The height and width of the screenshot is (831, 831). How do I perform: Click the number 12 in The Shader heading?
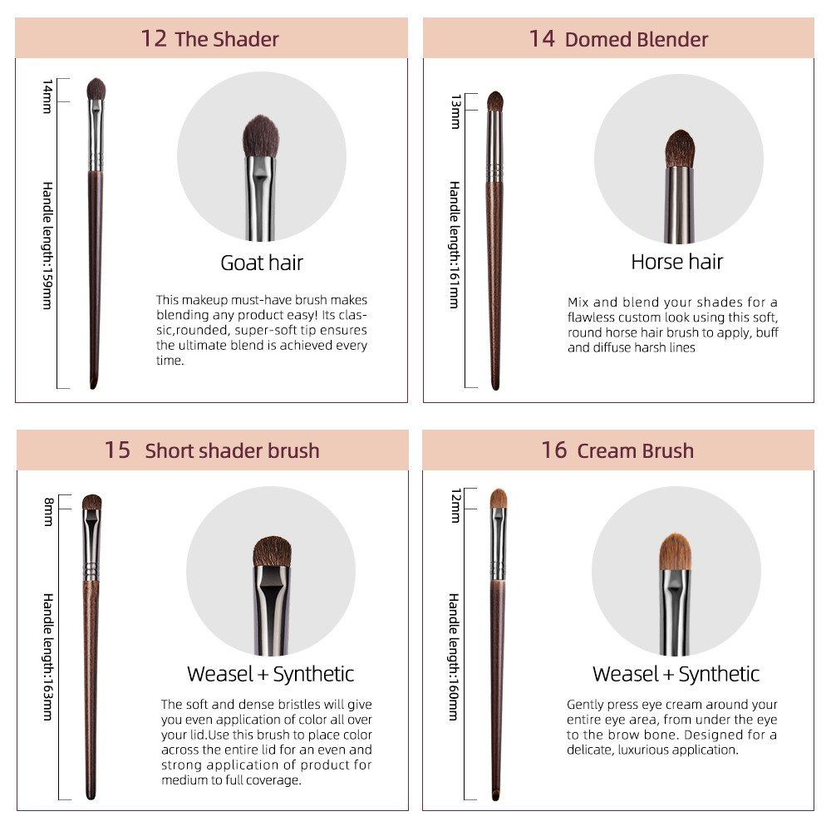[x=154, y=39]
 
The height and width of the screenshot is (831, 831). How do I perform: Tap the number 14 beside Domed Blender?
[x=542, y=39]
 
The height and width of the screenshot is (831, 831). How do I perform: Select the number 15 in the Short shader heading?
[x=117, y=450]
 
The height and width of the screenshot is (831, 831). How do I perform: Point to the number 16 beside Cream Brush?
[x=554, y=450]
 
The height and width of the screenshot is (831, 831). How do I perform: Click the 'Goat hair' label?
[x=262, y=263]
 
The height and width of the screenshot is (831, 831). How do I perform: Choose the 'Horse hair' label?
[x=676, y=262]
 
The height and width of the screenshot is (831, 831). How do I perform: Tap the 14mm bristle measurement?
[x=47, y=96]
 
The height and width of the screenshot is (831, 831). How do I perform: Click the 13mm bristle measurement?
[x=455, y=112]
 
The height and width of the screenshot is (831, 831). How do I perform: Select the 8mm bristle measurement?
[x=49, y=511]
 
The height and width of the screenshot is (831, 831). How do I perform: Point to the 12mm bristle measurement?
[x=455, y=505]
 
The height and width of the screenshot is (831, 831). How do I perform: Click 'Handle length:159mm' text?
[x=47, y=245]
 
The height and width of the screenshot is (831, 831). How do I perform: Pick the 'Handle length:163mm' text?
[x=47, y=657]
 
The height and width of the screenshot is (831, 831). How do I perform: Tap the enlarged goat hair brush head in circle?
[x=261, y=136]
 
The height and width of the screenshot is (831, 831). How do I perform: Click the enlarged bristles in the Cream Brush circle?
[x=675, y=552]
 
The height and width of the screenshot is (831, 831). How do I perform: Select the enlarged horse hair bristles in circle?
[x=680, y=149]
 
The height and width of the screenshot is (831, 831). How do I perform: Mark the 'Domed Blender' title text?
[x=637, y=40]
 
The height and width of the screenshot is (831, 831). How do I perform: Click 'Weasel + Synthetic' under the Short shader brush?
[x=270, y=674]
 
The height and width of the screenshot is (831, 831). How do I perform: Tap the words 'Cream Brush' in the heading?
[x=636, y=451]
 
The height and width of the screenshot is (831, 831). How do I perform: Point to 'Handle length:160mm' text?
[x=455, y=657]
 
